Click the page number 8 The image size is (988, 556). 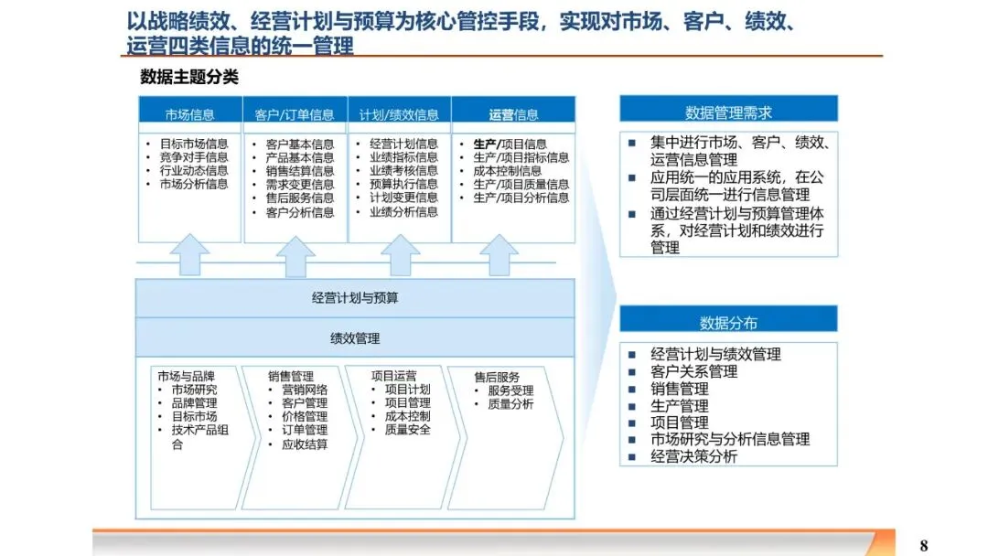[x=924, y=546]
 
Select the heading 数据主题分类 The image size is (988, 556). [x=189, y=78]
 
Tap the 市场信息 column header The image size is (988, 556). [x=190, y=114]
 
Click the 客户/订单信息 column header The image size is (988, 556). [x=295, y=114]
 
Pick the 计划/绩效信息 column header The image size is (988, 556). [x=399, y=114]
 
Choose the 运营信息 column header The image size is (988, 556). [x=513, y=114]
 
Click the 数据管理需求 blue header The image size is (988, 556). [x=728, y=112]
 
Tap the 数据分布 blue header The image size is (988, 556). [x=728, y=322]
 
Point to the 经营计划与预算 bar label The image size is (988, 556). [x=355, y=298]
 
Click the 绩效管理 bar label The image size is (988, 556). [x=355, y=338]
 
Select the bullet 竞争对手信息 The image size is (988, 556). [x=194, y=157]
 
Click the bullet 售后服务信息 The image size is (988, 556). [x=300, y=198]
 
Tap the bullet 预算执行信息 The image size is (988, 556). [x=403, y=184]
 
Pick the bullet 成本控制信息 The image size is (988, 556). [x=507, y=171]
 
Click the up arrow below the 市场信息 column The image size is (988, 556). [x=189, y=255]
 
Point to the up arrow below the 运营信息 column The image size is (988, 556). [x=499, y=255]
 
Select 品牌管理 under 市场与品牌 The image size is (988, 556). [x=194, y=402]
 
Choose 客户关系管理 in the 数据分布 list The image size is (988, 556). [x=693, y=371]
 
